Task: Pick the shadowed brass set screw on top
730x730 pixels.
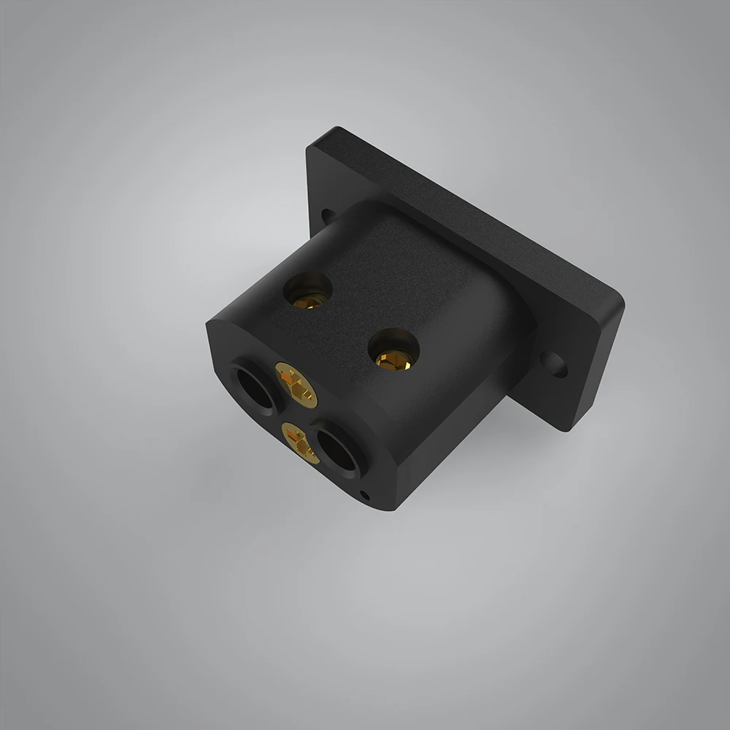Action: click(x=310, y=293)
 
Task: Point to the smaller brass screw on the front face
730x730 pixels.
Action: click(x=299, y=442)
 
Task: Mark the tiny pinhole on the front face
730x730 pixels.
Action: click(x=365, y=496)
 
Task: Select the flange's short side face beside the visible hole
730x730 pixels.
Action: click(x=595, y=365)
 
